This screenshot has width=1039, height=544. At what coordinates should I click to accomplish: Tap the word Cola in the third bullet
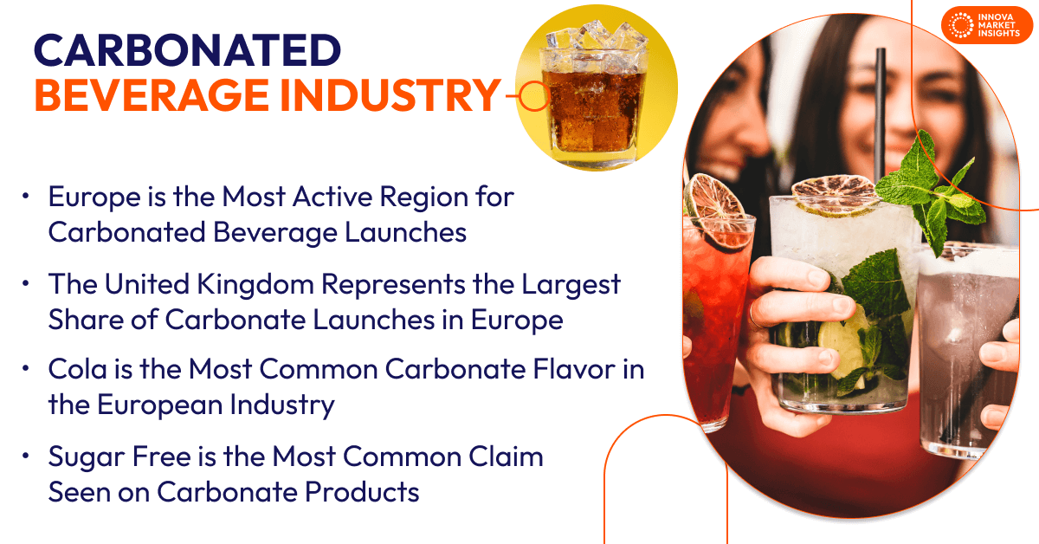coord(77,370)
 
